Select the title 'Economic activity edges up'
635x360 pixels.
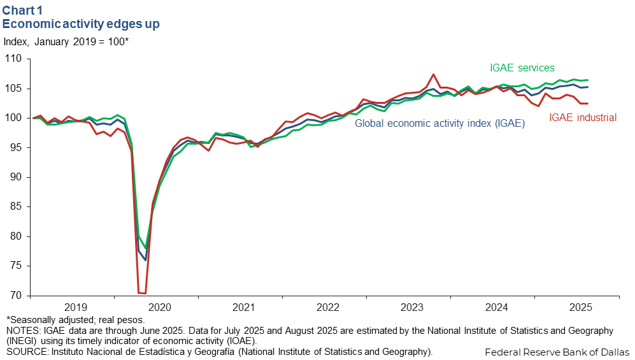tap(81, 24)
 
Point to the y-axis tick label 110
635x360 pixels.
tap(14, 59)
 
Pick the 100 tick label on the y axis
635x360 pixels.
tap(14, 118)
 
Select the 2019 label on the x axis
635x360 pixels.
tap(75, 307)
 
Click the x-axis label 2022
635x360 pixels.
tap(327, 307)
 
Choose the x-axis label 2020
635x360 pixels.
tap(159, 307)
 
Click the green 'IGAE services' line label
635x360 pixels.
tap(522, 68)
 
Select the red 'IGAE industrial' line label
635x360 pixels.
tap(583, 117)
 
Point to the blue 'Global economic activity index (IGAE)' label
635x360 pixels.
tap(439, 124)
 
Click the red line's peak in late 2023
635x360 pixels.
tap(433, 75)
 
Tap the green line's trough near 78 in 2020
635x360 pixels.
tap(146, 248)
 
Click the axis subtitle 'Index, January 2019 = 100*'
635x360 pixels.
tap(66, 42)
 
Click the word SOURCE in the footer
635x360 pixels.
tap(24, 351)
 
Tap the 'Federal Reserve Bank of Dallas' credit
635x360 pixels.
tap(557, 352)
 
